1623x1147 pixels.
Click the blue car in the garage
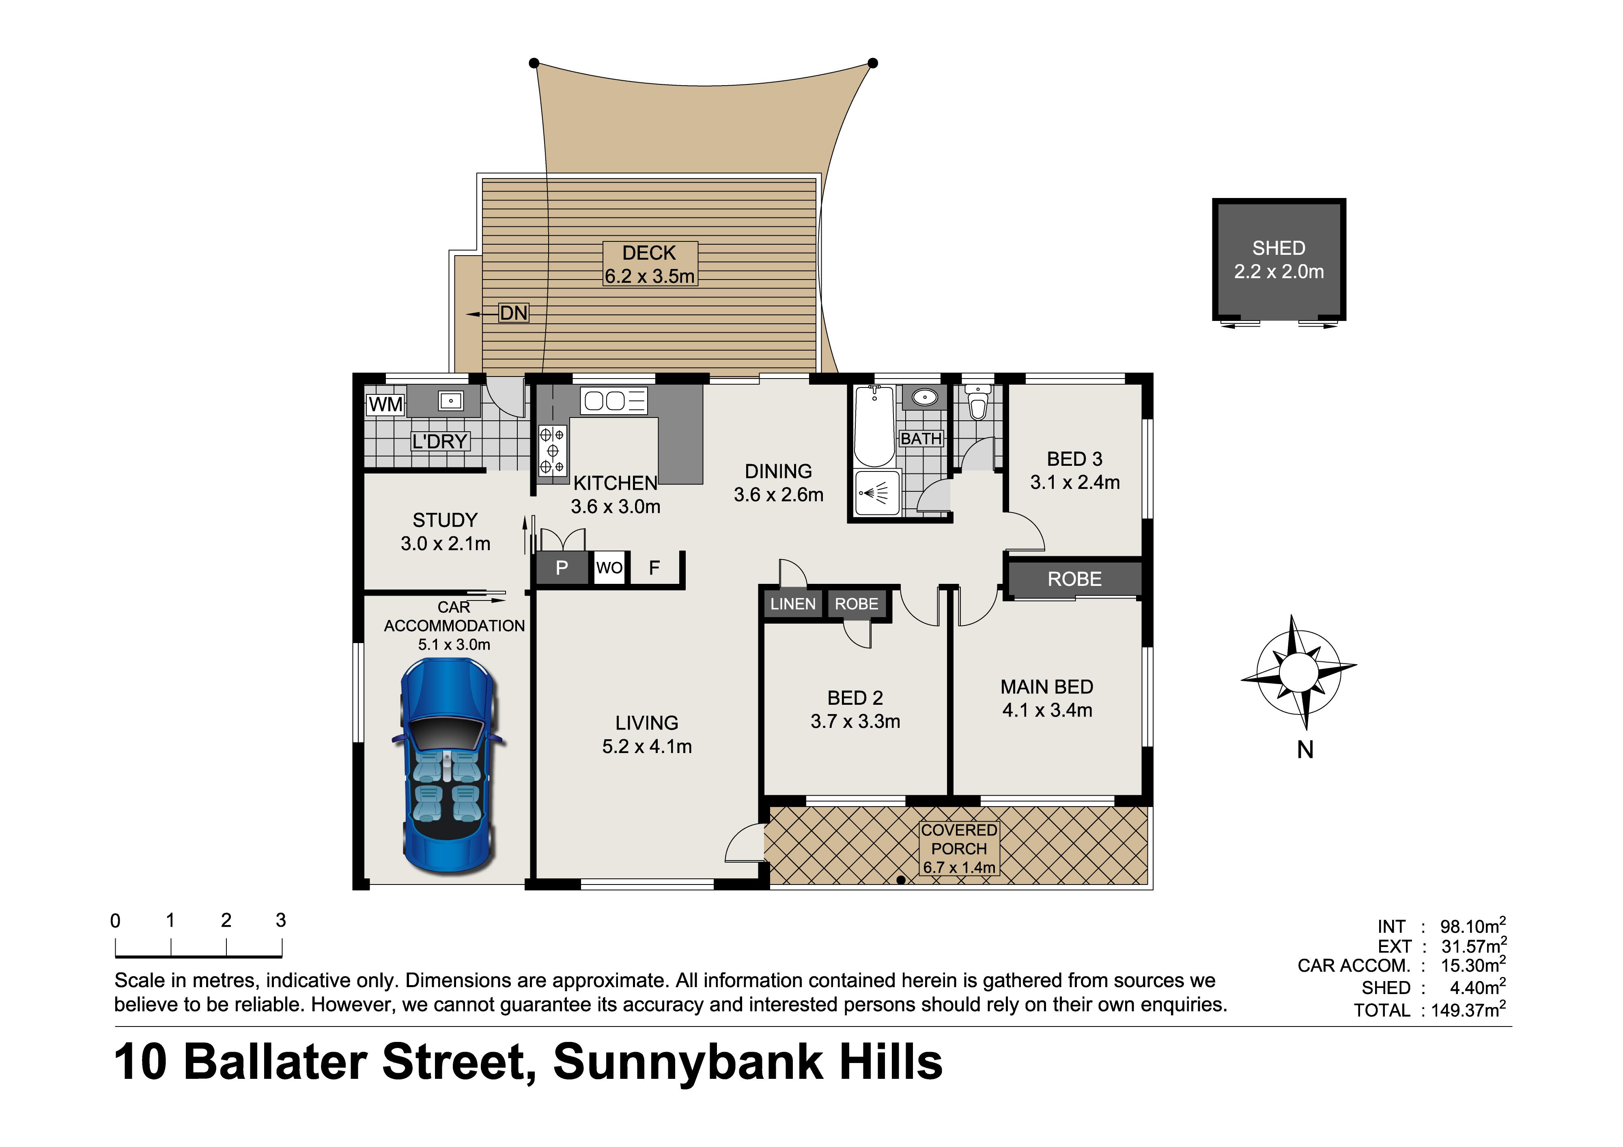tap(448, 767)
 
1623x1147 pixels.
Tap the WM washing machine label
tap(386, 405)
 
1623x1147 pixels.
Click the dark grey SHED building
tap(1279, 259)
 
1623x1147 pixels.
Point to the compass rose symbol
tap(1298, 672)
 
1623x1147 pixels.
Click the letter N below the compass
tap(1306, 750)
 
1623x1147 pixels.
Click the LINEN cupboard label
tap(793, 604)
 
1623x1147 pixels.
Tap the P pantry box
tap(562, 568)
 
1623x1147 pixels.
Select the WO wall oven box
tap(609, 568)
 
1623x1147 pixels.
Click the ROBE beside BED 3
tap(1074, 579)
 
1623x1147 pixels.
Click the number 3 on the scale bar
tap(281, 920)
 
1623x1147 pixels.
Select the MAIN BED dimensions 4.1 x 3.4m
tap(1047, 710)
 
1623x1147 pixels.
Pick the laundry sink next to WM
tap(450, 401)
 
